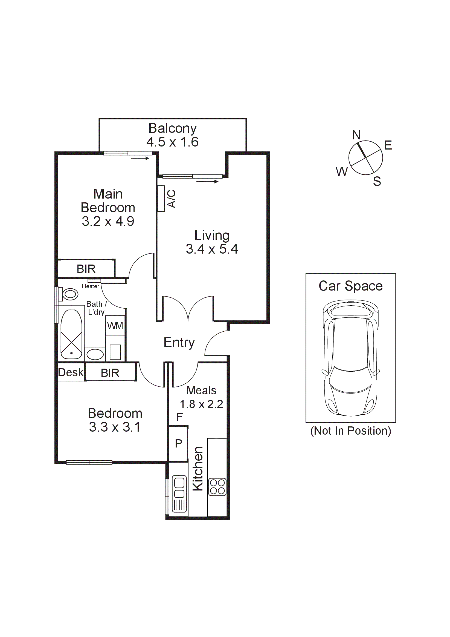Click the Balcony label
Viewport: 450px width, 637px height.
point(172,128)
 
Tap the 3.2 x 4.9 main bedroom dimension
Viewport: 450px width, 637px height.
point(108,221)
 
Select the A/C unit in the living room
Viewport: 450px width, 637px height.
point(161,199)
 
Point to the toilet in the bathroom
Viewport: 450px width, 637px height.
point(70,294)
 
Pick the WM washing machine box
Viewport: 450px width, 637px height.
point(115,325)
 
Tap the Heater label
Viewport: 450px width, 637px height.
point(90,286)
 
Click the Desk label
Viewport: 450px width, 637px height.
point(71,372)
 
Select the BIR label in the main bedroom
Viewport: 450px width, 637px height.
point(86,269)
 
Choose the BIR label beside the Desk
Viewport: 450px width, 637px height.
point(110,373)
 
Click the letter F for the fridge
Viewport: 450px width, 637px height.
point(179,417)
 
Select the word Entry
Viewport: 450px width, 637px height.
point(179,343)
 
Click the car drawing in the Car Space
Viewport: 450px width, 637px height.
point(350,358)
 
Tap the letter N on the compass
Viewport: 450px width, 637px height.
point(356,135)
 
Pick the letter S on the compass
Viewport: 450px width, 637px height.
point(377,181)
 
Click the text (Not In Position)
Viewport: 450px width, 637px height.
point(350,431)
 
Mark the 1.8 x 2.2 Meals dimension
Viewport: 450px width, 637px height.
point(201,404)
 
